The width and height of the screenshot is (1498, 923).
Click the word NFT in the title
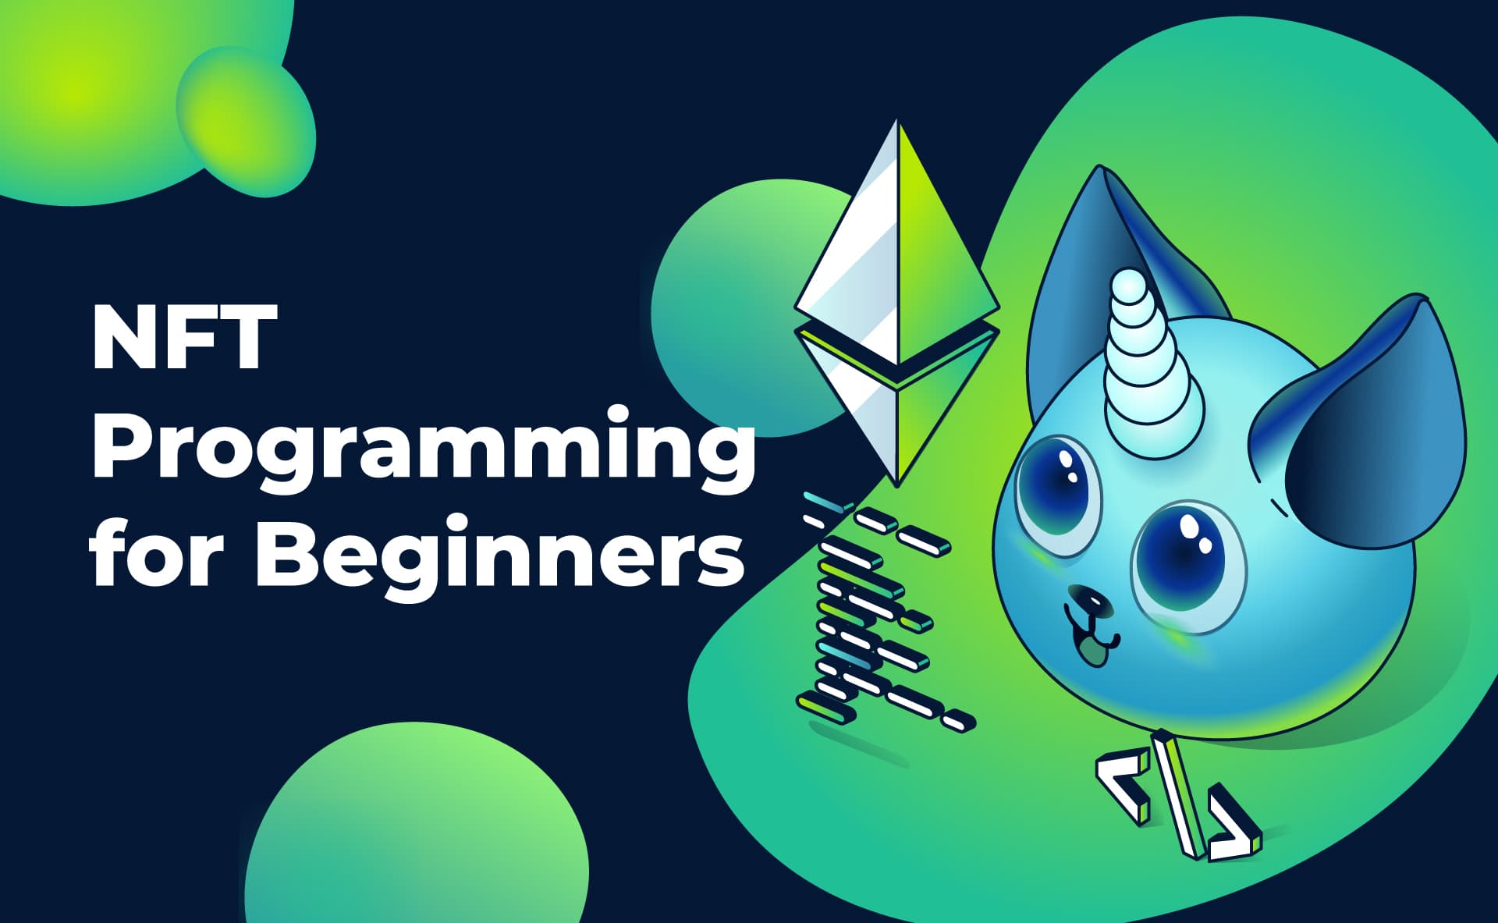[184, 337]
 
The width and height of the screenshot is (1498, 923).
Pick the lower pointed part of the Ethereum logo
[897, 414]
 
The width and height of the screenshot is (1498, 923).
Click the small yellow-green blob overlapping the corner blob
[246, 121]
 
